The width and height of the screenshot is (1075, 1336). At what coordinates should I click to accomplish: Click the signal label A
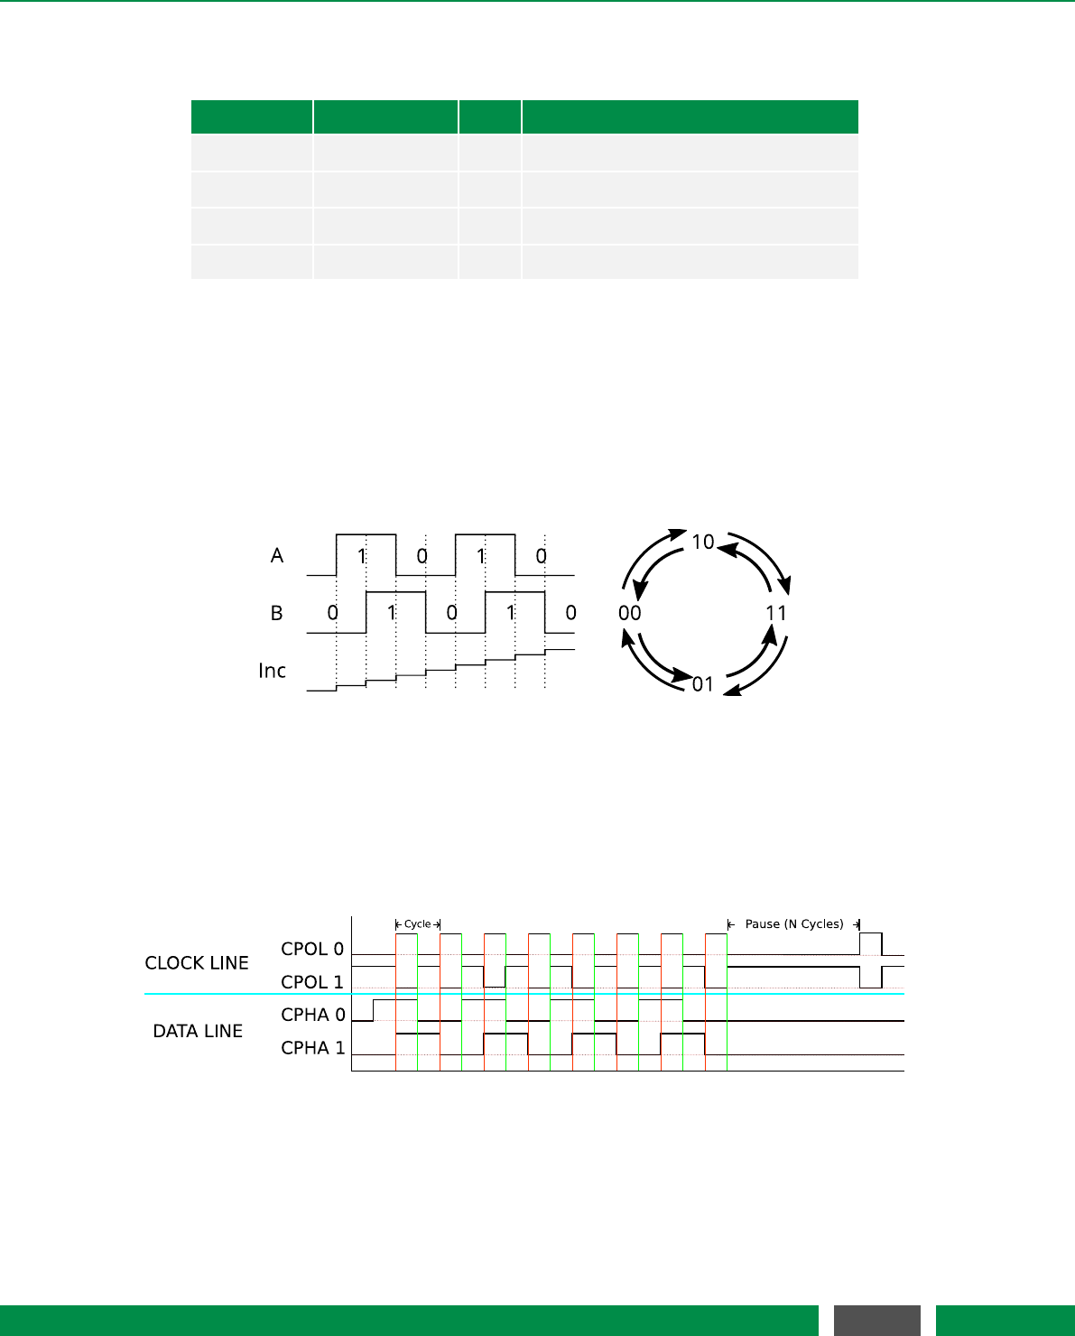coord(277,555)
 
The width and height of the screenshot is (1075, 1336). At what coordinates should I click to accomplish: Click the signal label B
coord(277,613)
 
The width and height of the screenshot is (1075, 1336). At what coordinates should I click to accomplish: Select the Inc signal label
coord(272,671)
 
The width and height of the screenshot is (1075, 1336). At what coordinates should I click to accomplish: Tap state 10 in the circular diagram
coord(703,542)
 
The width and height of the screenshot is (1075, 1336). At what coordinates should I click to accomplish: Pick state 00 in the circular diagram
coord(629,613)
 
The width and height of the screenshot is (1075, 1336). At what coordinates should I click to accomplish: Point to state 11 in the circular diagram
coord(776,613)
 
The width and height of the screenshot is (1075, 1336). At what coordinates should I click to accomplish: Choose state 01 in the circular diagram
coord(702,684)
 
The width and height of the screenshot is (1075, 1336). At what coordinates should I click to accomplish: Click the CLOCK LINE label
coord(197,963)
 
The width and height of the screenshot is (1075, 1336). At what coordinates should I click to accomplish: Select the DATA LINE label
coord(198,1031)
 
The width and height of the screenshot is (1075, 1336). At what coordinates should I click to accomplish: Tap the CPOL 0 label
coord(312,949)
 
